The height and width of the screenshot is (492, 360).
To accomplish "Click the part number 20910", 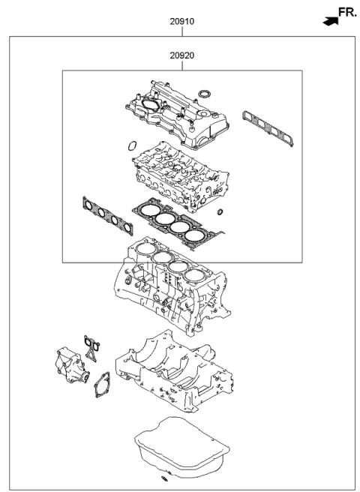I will [x=181, y=22].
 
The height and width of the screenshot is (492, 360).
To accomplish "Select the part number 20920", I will [x=181, y=56].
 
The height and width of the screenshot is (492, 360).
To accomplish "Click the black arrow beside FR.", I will [x=328, y=22].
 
